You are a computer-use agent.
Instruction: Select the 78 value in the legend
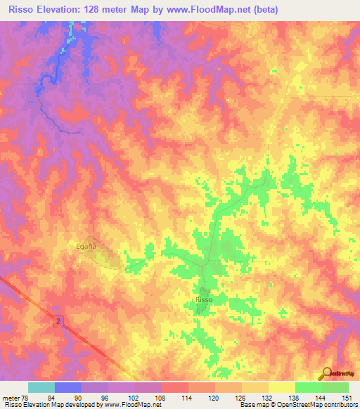pyautogui.click(x=26, y=397)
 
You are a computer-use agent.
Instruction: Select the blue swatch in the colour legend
pyautogui.click(x=68, y=387)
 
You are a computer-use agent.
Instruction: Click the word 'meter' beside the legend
pyautogui.click(x=11, y=397)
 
